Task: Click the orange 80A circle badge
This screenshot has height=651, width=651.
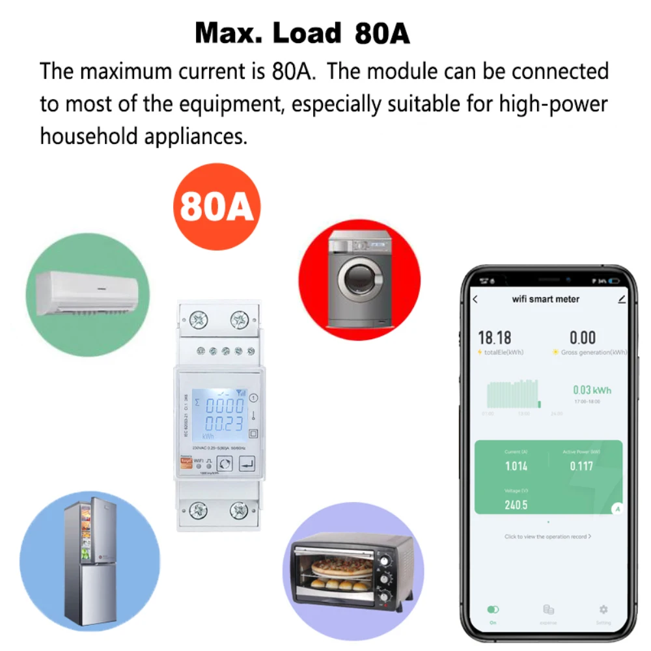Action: coord(216,206)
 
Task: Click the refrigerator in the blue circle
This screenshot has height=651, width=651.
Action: coord(90,559)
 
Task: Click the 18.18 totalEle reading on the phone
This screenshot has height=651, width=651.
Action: coord(495,337)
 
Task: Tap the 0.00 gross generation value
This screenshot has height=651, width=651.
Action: coord(582,337)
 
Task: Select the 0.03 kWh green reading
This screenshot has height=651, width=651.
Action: coord(592,390)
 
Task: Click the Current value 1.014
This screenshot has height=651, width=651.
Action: coord(516,466)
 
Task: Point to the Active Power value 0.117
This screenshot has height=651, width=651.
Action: coord(581,466)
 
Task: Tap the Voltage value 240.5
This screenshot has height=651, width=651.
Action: coord(516,505)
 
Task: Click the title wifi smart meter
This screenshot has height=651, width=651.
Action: coord(546,299)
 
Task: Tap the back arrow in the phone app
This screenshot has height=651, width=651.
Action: coord(475,299)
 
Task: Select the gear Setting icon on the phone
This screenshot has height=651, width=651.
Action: coord(603,610)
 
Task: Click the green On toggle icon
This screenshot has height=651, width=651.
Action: coord(493,610)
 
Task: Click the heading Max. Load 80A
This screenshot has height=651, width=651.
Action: coord(303,33)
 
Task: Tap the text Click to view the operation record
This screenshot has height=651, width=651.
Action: coord(547,537)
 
